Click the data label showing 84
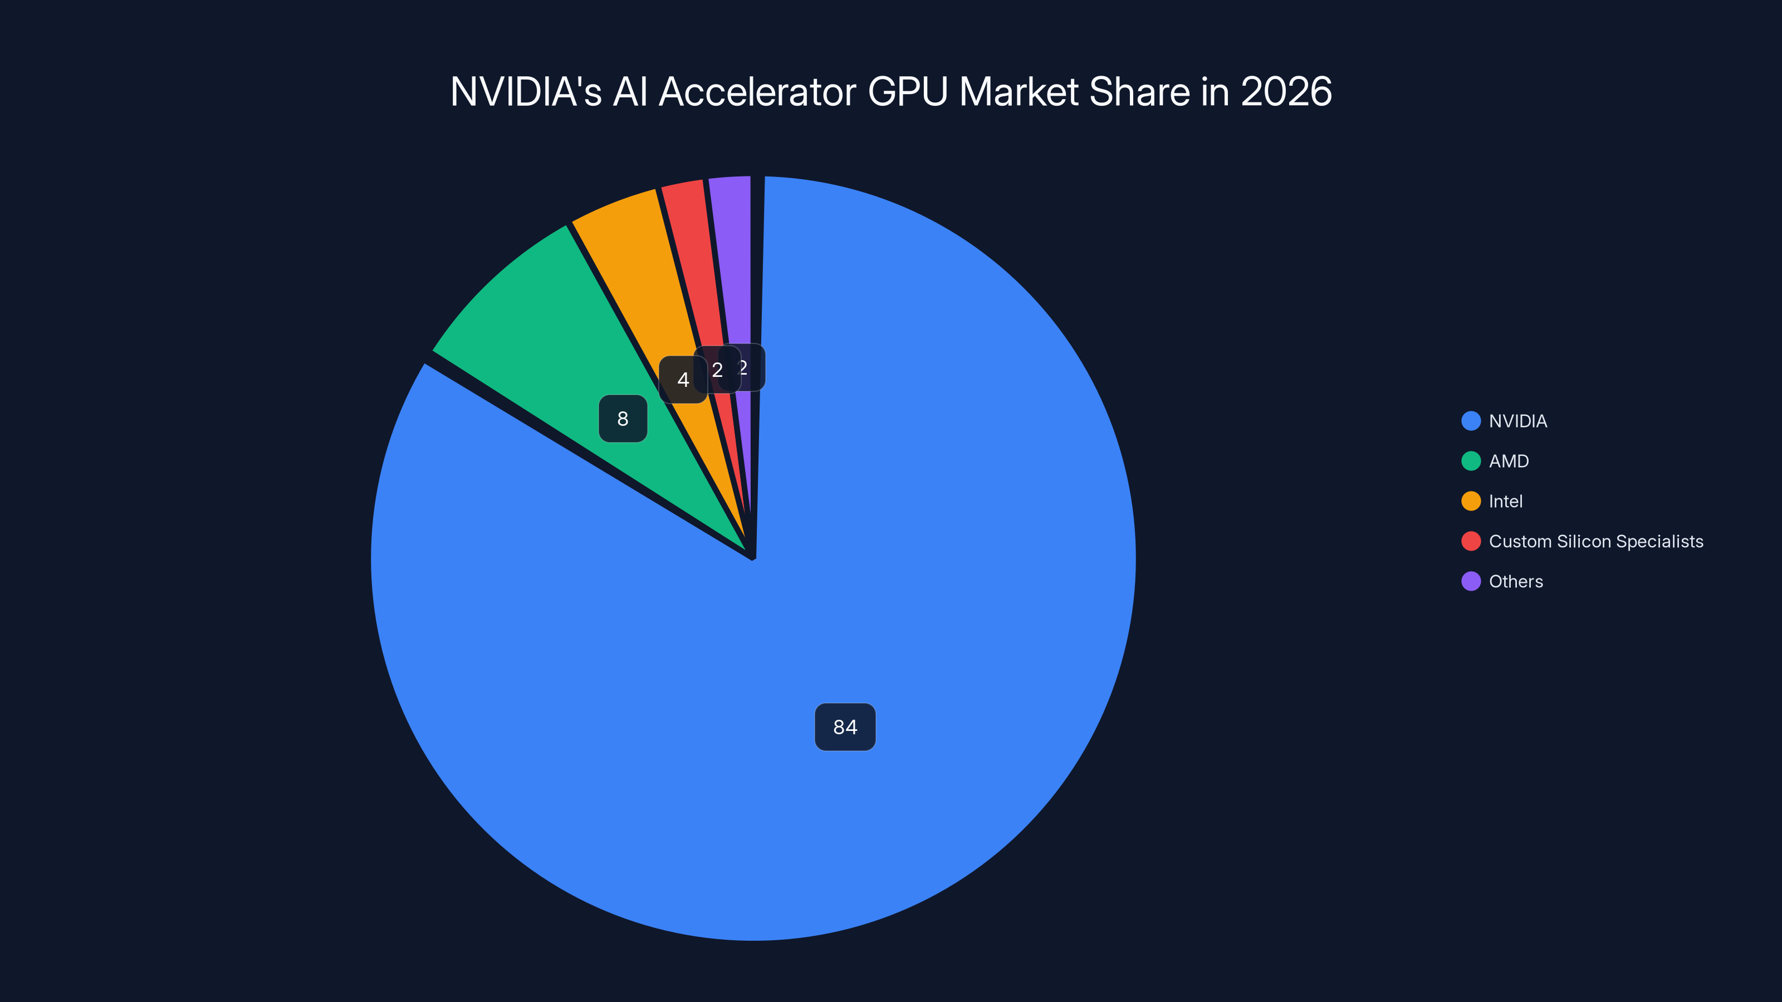[845, 727]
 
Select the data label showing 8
[623, 419]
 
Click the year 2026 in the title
[1286, 91]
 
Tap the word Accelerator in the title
[757, 91]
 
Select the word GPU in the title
[907, 91]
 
